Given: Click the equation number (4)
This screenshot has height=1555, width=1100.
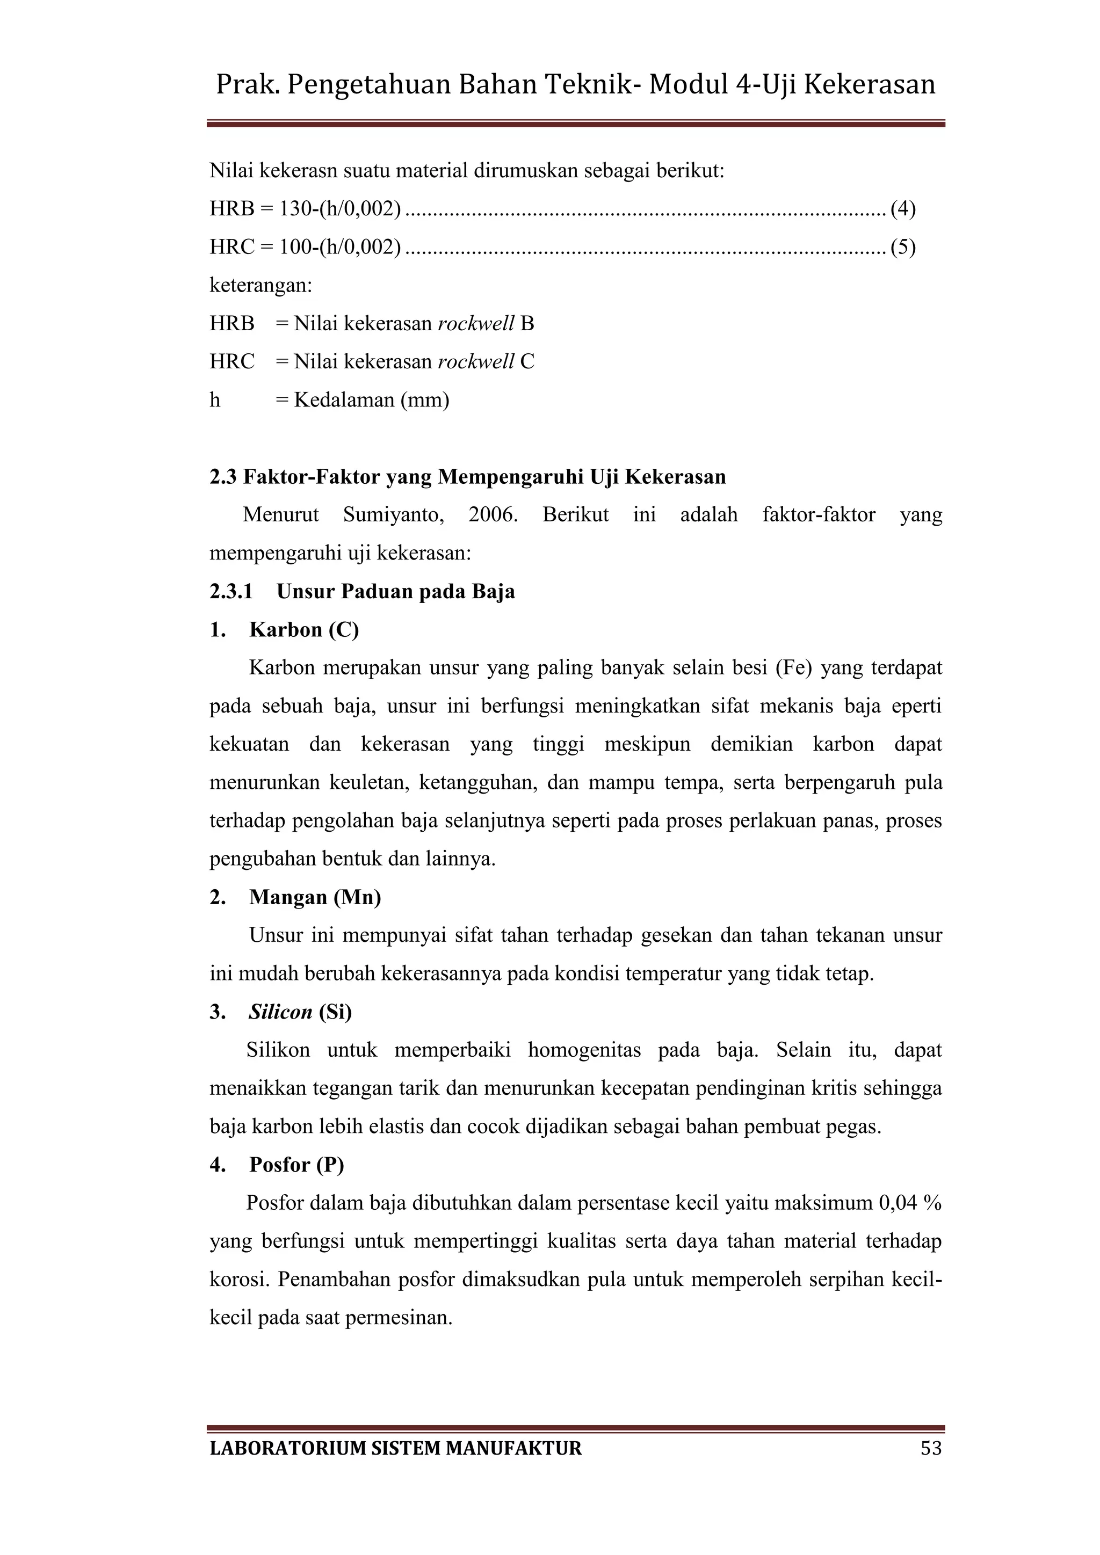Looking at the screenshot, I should (903, 208).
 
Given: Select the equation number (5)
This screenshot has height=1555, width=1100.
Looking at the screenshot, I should (903, 247).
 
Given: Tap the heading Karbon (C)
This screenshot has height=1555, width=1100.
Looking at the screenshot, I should (304, 630).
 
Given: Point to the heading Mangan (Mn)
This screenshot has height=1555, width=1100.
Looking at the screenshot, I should (315, 897).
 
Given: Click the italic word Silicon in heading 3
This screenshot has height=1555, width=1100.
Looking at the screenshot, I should (280, 1012).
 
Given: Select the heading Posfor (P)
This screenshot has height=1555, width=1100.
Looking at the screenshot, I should (296, 1165).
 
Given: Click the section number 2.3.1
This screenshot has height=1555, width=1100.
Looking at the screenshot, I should (231, 592).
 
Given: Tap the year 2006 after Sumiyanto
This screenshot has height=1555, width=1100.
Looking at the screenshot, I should (493, 515).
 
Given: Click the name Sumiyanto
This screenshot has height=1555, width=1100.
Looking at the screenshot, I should (393, 515).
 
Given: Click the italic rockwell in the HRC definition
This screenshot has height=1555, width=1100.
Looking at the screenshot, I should (475, 362).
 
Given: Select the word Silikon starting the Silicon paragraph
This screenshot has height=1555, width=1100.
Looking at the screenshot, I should (278, 1050).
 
